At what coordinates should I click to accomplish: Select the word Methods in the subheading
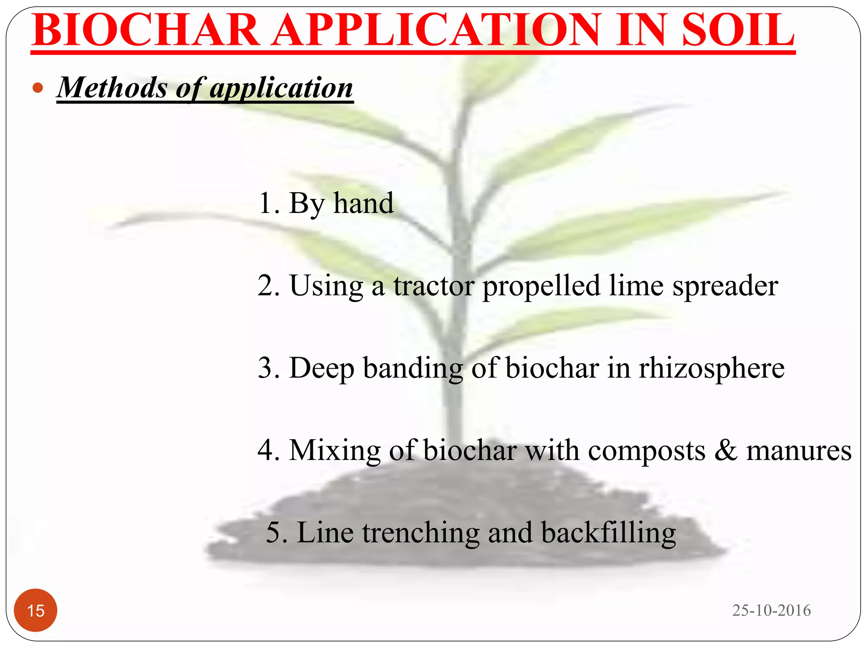pyautogui.click(x=113, y=88)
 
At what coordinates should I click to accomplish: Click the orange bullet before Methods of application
pyautogui.click(x=38, y=88)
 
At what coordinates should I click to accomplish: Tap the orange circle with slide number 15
pyautogui.click(x=36, y=610)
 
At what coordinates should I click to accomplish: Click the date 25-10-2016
pyautogui.click(x=771, y=610)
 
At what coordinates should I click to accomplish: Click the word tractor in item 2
pyautogui.click(x=434, y=286)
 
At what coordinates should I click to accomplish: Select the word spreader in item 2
pyautogui.click(x=725, y=286)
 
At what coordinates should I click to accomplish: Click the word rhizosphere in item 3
pyautogui.click(x=711, y=368)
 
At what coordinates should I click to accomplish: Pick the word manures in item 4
pyautogui.click(x=798, y=450)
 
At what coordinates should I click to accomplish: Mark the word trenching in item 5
pyautogui.click(x=421, y=533)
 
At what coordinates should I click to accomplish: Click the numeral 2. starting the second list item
pyautogui.click(x=268, y=286)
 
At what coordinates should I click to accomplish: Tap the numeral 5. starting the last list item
pyautogui.click(x=277, y=532)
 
